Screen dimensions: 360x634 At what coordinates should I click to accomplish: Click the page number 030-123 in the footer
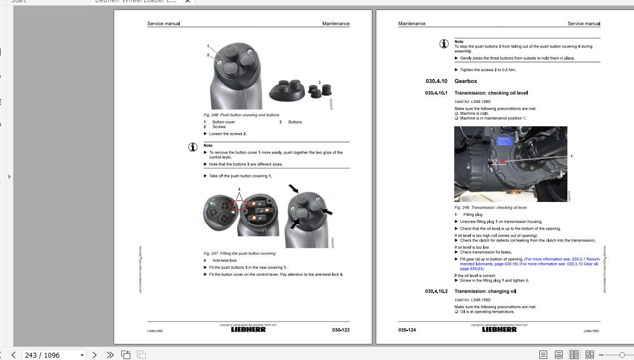pyautogui.click(x=341, y=330)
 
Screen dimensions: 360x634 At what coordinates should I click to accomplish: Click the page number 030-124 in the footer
pyautogui.click(x=407, y=330)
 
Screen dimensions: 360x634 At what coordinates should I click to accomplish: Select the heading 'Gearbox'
pyautogui.click(x=465, y=81)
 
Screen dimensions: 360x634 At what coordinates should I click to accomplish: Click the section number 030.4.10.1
pyautogui.click(x=436, y=93)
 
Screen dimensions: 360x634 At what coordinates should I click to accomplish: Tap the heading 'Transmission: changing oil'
pyautogui.click(x=485, y=291)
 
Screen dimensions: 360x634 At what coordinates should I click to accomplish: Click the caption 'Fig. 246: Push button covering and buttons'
pyautogui.click(x=241, y=115)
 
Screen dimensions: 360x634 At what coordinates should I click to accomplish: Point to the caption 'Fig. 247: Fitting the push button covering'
pyautogui.click(x=239, y=254)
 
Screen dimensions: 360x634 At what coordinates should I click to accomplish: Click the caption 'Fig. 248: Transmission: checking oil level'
pyautogui.click(x=490, y=208)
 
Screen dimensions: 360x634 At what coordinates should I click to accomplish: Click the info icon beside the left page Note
pyautogui.click(x=193, y=147)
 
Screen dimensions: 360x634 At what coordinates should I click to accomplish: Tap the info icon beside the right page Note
pyautogui.click(x=444, y=43)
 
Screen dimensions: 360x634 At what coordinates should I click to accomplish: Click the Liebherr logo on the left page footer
pyautogui.click(x=248, y=329)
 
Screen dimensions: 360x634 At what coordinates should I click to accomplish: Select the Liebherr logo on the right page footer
pyautogui.click(x=499, y=329)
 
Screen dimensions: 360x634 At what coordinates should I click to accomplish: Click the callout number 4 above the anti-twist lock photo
pyautogui.click(x=239, y=189)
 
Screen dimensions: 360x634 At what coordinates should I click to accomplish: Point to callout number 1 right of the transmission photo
pyautogui.click(x=571, y=156)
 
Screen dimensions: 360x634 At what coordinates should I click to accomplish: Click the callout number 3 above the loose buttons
pyautogui.click(x=320, y=82)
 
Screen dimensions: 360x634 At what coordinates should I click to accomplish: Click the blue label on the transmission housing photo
pyautogui.click(x=504, y=141)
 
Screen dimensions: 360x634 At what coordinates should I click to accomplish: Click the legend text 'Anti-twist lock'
pyautogui.click(x=224, y=260)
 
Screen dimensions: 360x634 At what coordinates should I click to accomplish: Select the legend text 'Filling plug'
pyautogui.click(x=473, y=214)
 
